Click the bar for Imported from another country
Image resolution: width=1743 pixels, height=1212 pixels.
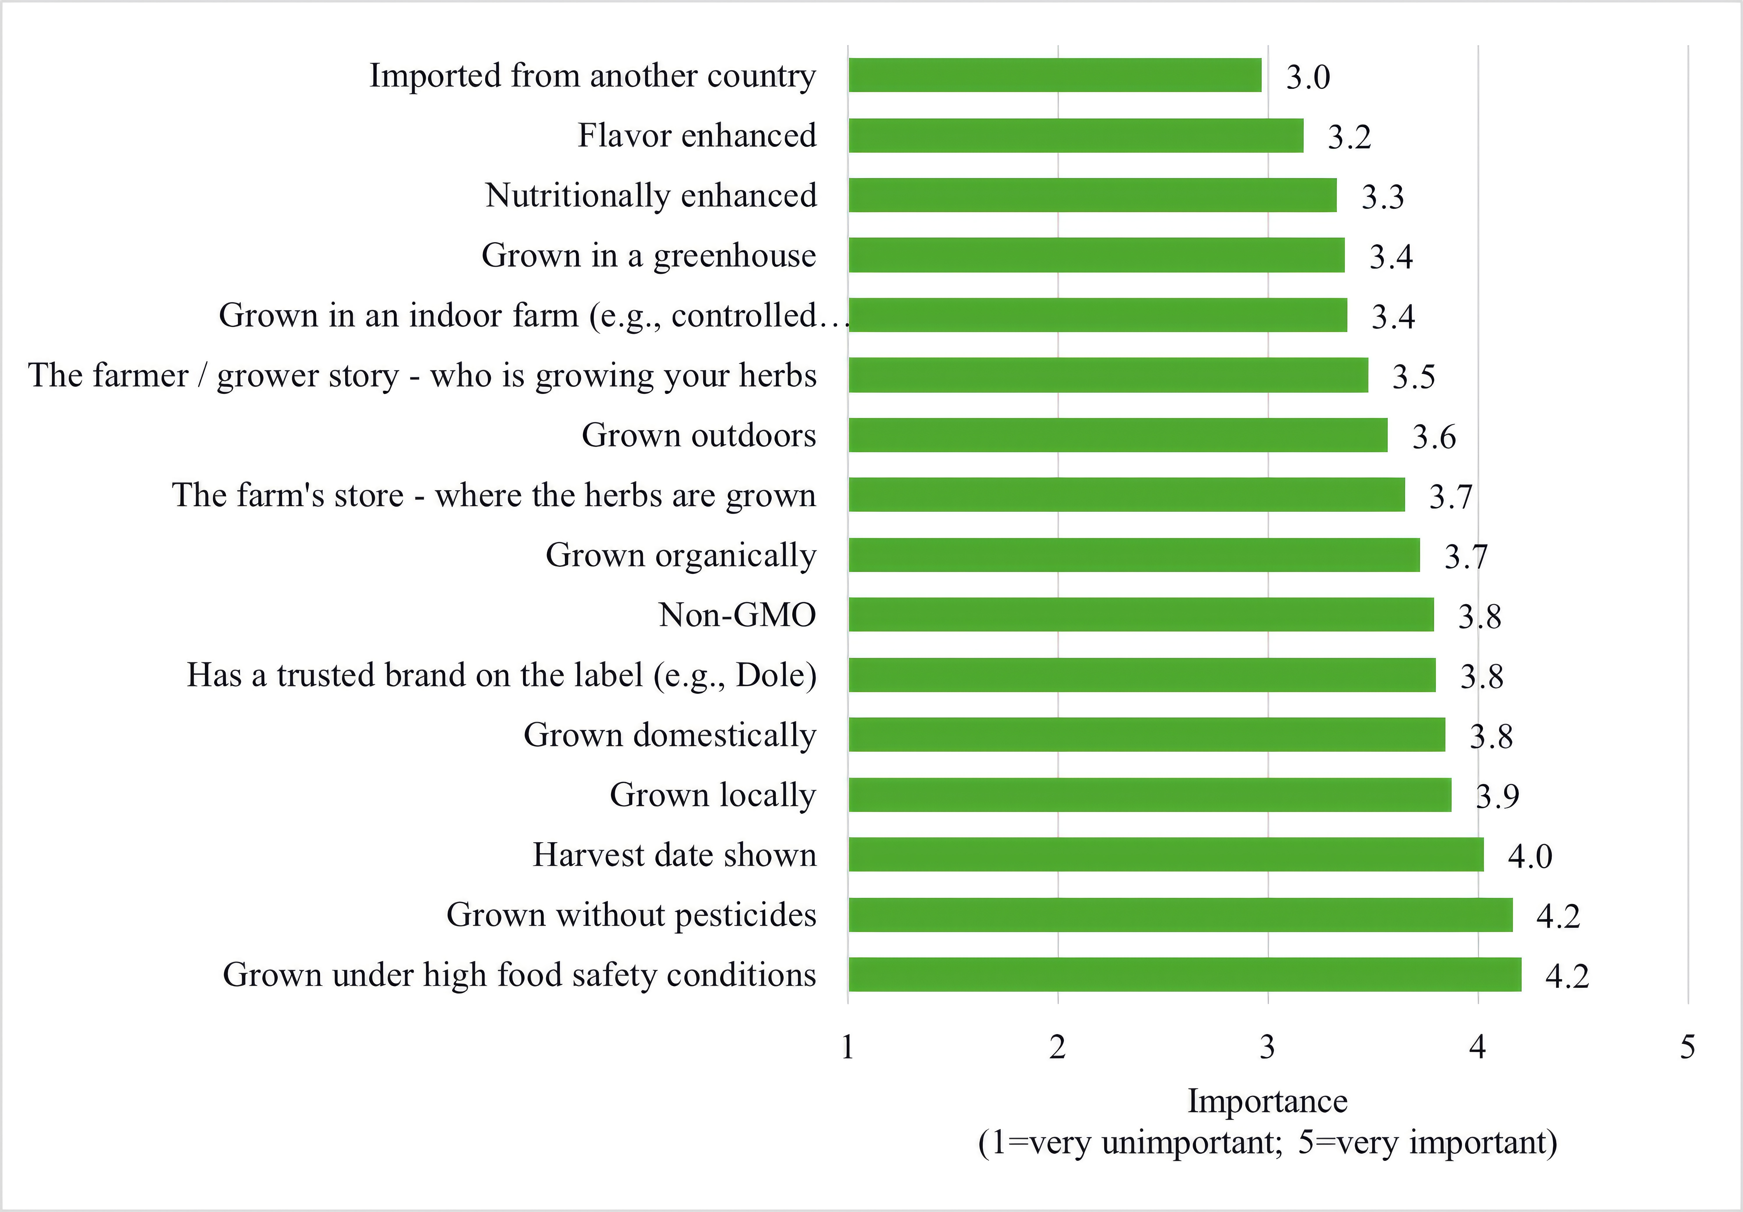pyautogui.click(x=1055, y=75)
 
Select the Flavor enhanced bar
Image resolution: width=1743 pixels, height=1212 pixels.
pyautogui.click(x=1076, y=135)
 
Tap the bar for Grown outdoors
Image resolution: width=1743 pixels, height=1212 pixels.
pyautogui.click(x=1117, y=435)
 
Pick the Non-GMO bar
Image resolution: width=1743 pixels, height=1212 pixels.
pyautogui.click(x=1141, y=614)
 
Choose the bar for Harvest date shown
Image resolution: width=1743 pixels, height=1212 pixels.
pyautogui.click(x=1166, y=854)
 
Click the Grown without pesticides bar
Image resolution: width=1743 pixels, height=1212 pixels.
pyautogui.click(x=1181, y=914)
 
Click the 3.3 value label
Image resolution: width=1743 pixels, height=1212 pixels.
pyautogui.click(x=1382, y=197)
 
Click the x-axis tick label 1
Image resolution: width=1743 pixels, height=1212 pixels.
pyautogui.click(x=848, y=1047)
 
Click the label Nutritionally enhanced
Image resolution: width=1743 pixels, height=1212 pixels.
pyautogui.click(x=651, y=195)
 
